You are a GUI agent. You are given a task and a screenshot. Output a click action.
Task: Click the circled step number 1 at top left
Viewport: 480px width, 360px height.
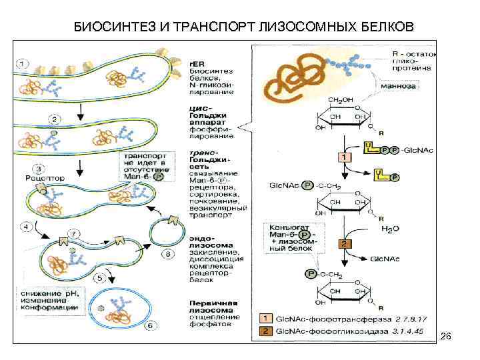[23, 64]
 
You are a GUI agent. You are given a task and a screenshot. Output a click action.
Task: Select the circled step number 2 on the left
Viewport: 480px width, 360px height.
[54, 120]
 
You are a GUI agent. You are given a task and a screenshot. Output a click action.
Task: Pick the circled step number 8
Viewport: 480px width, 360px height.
[168, 254]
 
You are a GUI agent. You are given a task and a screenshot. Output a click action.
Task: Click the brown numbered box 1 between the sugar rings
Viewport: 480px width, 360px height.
[344, 157]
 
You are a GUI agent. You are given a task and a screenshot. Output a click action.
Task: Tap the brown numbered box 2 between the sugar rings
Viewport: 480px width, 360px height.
[345, 244]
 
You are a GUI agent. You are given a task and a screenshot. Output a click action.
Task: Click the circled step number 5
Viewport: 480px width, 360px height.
[101, 278]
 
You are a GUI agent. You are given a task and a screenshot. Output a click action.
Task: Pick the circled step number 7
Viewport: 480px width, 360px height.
[75, 232]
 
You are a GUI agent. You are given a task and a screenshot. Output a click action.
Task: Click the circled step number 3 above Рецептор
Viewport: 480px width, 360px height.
[39, 169]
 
